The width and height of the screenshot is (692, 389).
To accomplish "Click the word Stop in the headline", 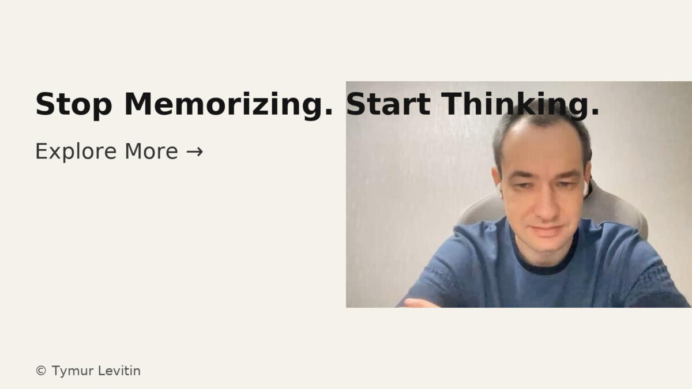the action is coord(74,104).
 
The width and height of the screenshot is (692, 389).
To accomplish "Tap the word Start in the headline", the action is coord(388,104).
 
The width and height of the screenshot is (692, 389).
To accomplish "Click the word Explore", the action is coord(76,151).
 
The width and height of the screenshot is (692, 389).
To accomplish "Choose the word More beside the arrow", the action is coord(151,151).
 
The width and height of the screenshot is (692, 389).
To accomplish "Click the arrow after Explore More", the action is coord(195,152).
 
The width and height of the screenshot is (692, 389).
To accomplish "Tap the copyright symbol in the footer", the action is coord(41,371).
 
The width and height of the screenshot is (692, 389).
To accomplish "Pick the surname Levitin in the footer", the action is coord(119,371).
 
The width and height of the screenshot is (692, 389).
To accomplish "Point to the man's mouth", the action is coord(546,231).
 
